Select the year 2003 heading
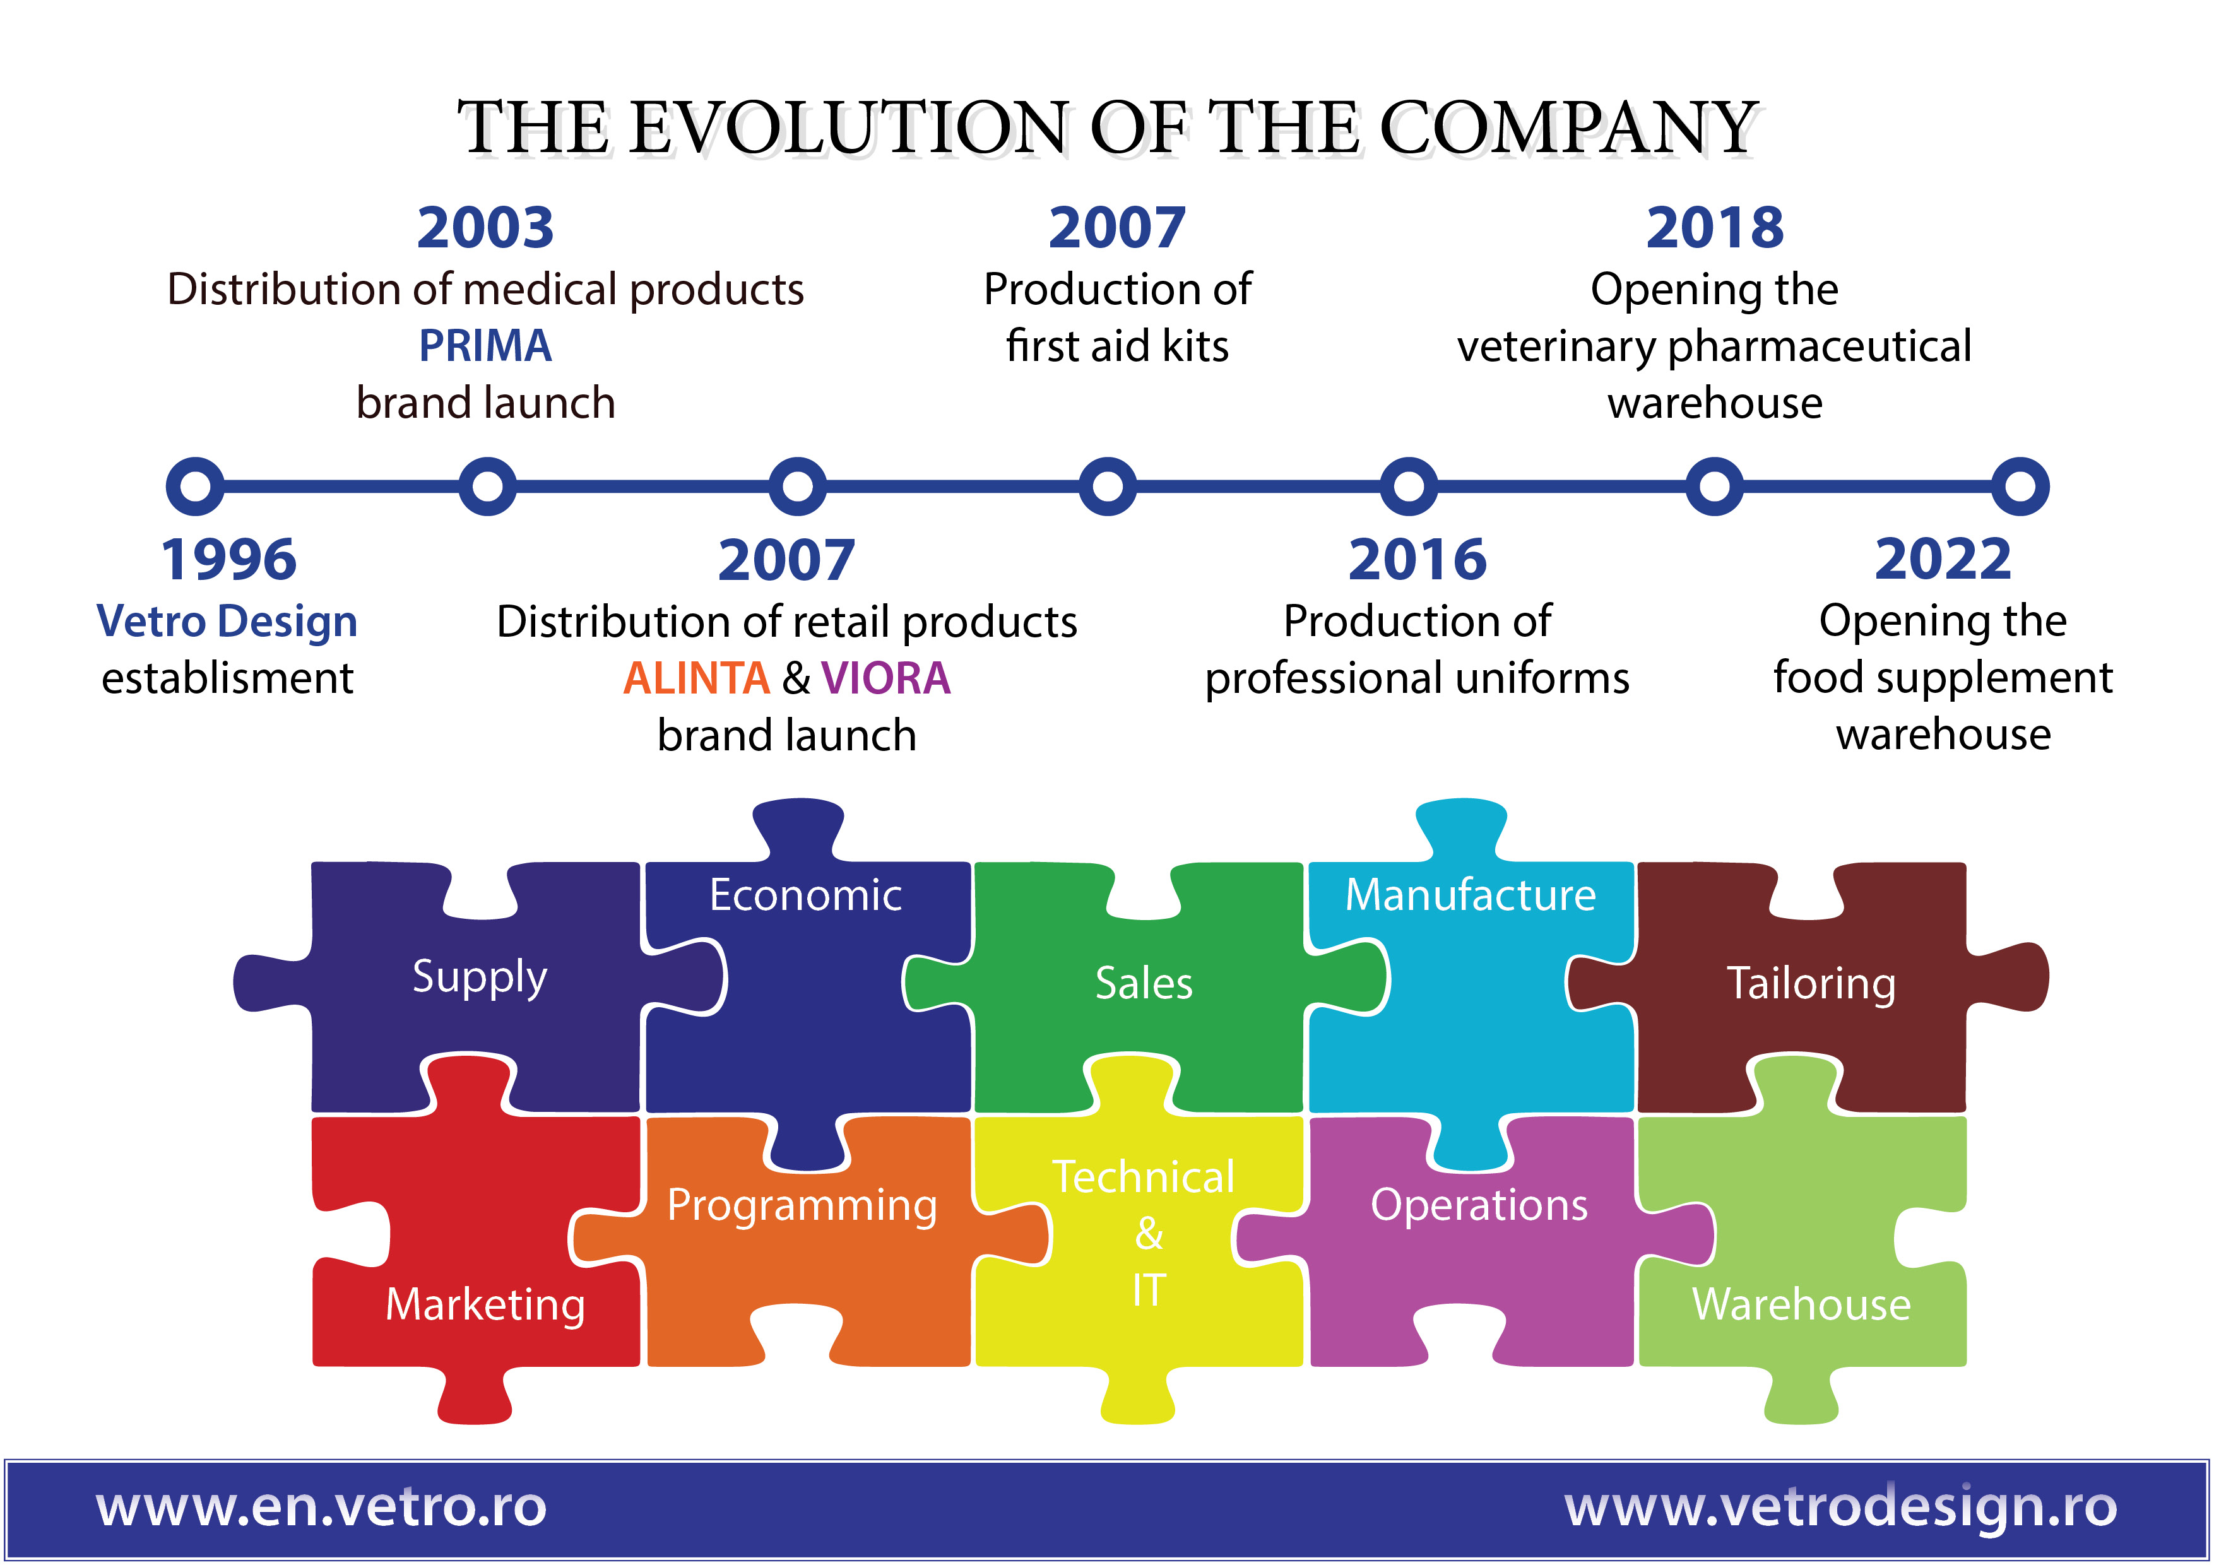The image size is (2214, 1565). [x=485, y=228]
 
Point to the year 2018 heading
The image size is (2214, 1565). [x=1715, y=228]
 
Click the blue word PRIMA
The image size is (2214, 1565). [x=485, y=345]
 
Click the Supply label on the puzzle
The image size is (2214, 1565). [x=479, y=977]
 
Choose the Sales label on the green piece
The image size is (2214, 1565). [x=1144, y=984]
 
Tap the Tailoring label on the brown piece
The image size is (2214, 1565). [x=1811, y=984]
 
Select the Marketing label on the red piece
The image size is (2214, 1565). [x=485, y=1304]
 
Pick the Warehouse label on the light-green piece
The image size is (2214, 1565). [x=1801, y=1304]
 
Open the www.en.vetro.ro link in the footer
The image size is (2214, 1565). [x=321, y=1506]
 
